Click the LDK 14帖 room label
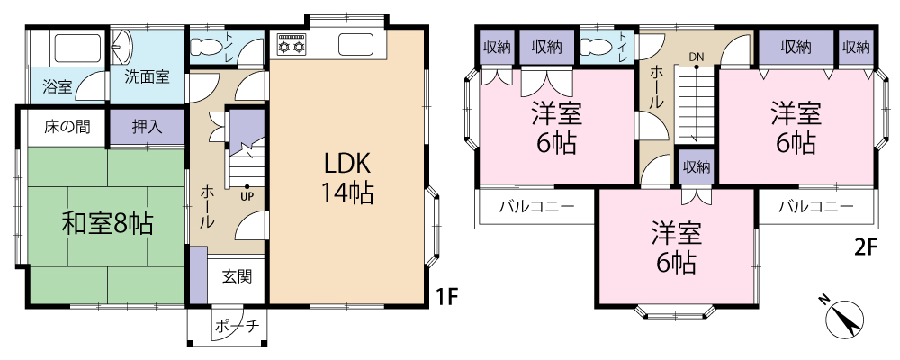click(348, 178)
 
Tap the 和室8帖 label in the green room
click(107, 224)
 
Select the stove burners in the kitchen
click(292, 44)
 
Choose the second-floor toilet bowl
click(596, 46)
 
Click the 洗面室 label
click(148, 77)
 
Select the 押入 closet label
click(147, 127)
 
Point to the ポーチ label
click(237, 326)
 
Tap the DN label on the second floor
click(697, 57)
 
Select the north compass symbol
click(844, 318)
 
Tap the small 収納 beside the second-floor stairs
click(697, 167)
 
